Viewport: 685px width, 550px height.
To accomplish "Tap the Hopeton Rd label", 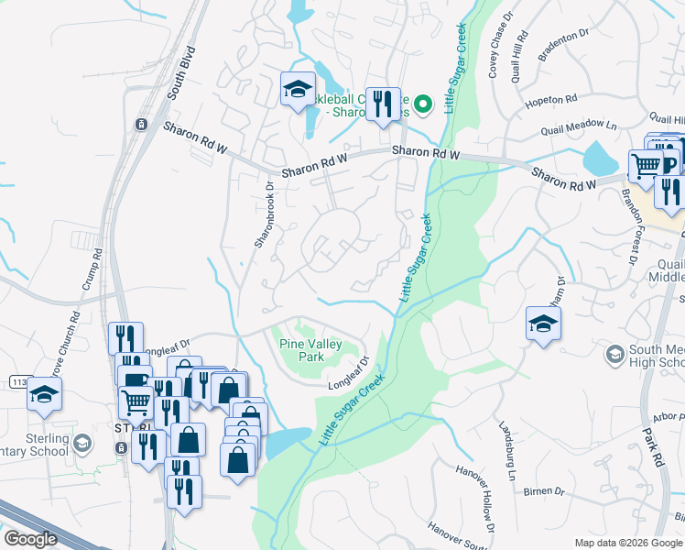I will pyautogui.click(x=551, y=100).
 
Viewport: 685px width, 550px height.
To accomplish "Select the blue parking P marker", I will pyautogui.click(x=669, y=165).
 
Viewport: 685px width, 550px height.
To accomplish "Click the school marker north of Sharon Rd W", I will pyautogui.click(x=297, y=89).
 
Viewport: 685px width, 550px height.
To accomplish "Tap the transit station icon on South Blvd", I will pyautogui.click(x=141, y=125).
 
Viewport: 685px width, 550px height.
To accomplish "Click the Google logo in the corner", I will pyautogui.click(x=30, y=539).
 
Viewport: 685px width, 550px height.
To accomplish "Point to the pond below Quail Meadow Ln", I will pyautogui.click(x=601, y=158).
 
